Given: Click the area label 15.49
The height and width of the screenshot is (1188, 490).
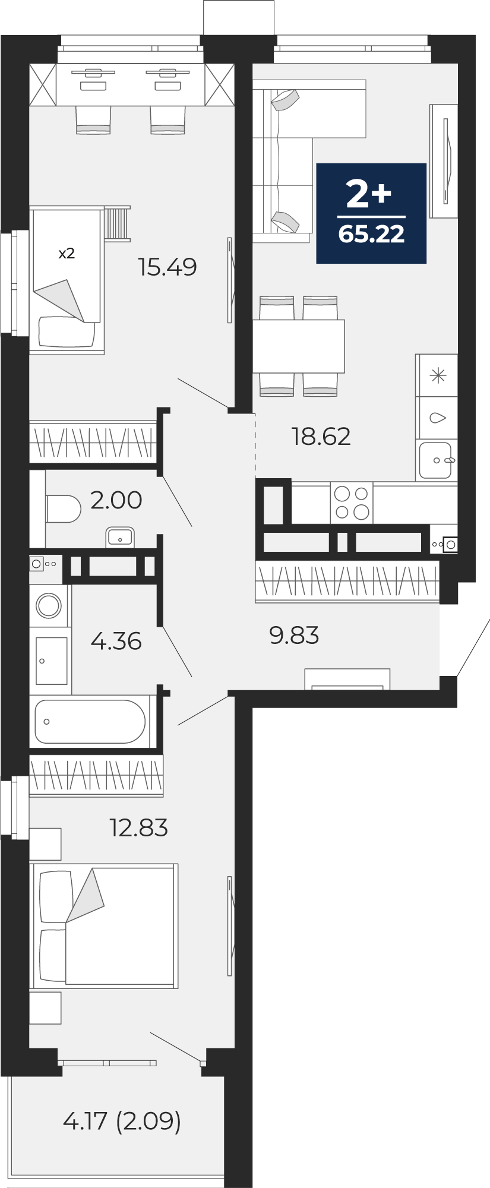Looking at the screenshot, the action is point(167,267).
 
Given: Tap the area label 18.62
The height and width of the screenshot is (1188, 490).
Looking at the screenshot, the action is point(321,437).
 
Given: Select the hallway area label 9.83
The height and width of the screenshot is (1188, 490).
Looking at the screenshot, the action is point(294,636).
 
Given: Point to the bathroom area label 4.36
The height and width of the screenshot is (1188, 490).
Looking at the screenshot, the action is point(116,642).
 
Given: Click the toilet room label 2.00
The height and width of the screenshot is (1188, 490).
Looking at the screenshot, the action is point(116,500).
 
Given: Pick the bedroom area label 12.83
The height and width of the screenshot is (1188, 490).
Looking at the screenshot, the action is point(139,827).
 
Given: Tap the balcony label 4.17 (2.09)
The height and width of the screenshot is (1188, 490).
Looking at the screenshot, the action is point(122,1121).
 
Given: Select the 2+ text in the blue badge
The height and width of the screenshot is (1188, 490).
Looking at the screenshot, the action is point(369,194).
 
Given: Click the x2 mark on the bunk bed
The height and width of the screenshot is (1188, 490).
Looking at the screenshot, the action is point(67,254).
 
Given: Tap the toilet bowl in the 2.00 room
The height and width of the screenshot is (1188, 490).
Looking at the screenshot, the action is point(63,509).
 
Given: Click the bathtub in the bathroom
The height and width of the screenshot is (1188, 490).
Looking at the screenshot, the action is point(90,722).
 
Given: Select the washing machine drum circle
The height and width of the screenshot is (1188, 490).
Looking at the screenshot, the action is point(49,606).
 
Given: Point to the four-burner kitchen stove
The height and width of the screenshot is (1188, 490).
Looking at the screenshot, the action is point(352,503).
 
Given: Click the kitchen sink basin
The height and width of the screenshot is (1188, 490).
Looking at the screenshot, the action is point(435,460).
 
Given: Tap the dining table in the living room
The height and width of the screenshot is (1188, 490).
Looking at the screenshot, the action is point(299,346).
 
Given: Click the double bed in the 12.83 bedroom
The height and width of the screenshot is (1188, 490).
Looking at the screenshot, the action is point(104,926).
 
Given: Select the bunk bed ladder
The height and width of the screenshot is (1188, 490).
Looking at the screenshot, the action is point(117,223).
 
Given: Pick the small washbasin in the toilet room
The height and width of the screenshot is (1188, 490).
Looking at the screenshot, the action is point(120,538).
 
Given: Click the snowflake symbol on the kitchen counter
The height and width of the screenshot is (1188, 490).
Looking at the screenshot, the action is point(438,375).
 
